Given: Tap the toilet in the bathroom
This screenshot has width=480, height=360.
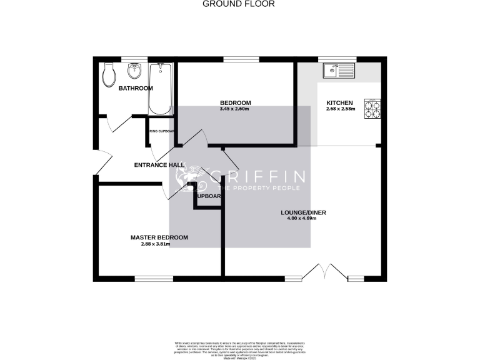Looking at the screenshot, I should [108, 75].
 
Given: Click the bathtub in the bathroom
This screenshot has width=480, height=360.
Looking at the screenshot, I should [161, 89].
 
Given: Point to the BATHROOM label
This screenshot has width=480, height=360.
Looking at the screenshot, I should [136, 88].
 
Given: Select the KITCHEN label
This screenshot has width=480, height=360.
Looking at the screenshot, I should [340, 103].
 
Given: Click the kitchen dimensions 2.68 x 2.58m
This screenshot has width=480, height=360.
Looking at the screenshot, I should [340, 109].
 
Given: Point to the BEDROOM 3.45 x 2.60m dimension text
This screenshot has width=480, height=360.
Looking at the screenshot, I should [235, 109].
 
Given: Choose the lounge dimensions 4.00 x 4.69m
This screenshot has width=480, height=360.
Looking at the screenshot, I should [302, 219].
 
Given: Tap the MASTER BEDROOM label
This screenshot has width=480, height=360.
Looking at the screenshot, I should [159, 237].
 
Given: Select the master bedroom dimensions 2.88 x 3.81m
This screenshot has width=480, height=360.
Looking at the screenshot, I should [156, 244].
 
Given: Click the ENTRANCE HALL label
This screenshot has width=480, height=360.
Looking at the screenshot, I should [160, 165].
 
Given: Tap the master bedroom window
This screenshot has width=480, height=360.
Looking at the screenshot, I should [154, 277].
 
